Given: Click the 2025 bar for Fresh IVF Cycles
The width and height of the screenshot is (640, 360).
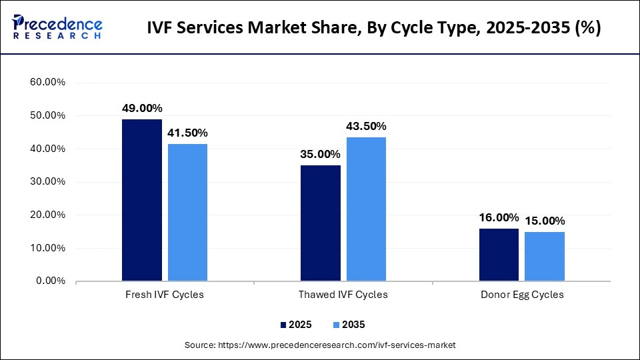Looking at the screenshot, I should coord(142,200).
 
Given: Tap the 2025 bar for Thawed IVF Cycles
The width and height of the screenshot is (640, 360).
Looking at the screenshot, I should coord(321,223).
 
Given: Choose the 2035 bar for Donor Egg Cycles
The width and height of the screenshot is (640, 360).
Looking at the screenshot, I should coord(545,256).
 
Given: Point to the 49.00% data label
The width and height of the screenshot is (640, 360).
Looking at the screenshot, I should coord(142,108).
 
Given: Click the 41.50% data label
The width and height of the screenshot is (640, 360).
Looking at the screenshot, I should coord(187,133).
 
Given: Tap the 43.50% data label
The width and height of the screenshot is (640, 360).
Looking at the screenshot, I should coord(366,126).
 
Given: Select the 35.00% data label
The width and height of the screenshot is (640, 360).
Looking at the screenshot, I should coord(321,154).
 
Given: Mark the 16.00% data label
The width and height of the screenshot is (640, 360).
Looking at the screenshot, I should coord(499,217).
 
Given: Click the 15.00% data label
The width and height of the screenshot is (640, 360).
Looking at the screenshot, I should coord(545,221).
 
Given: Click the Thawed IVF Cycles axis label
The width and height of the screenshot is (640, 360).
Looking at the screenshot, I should coord(343,295).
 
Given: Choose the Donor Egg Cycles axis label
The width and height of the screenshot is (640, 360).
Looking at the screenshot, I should coord(522,295).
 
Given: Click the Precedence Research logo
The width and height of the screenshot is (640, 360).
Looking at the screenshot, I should coord(57,27).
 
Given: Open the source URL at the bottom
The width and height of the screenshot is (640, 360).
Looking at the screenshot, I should coord(319,345).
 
